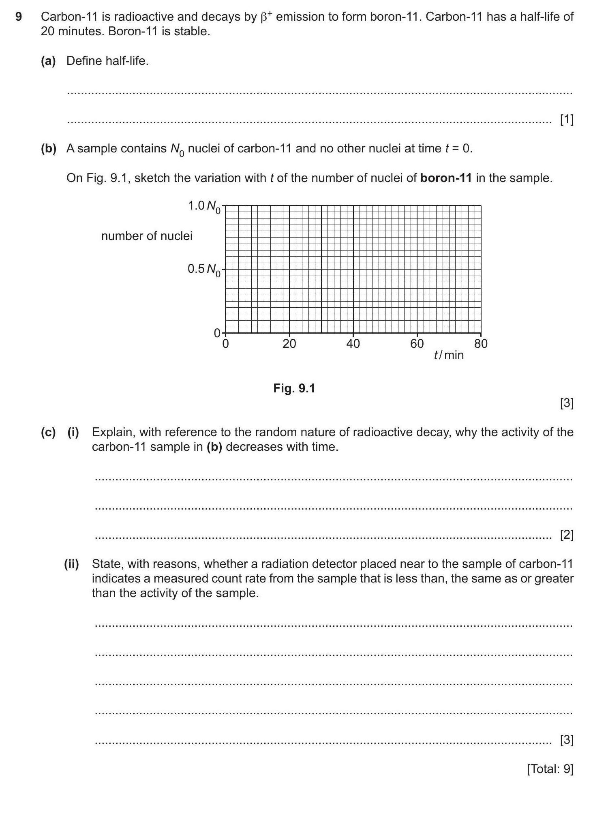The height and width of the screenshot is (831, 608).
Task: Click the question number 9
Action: [x=18, y=17]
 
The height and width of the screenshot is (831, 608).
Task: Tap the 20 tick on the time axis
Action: [x=289, y=344]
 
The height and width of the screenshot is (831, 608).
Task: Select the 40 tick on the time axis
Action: [x=353, y=344]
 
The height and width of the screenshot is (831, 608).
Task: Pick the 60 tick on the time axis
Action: [x=417, y=344]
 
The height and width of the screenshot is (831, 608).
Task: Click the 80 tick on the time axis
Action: [x=481, y=344]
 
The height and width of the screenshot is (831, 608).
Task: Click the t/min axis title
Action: [x=449, y=355]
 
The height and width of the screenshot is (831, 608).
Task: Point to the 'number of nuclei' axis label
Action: [x=147, y=236]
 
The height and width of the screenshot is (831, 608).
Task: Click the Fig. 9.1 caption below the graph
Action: [x=294, y=388]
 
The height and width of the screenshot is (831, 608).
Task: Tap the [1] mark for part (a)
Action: [x=566, y=120]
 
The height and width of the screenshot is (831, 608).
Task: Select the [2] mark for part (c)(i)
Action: [x=566, y=535]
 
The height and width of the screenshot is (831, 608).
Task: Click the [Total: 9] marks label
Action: [x=550, y=769]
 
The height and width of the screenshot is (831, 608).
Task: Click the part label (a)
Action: [x=48, y=61]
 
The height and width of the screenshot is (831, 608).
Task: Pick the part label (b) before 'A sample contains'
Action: [x=48, y=148]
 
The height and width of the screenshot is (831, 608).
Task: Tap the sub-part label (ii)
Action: [x=71, y=564]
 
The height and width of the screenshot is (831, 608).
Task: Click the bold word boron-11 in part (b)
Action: [x=446, y=178]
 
